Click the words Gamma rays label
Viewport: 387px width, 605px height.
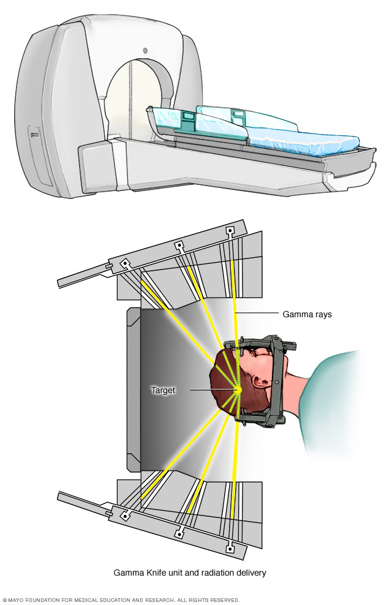click(307, 315)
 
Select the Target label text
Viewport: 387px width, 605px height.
click(163, 390)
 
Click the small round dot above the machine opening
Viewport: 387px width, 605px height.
click(145, 50)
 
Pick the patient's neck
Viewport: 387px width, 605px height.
click(300, 392)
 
